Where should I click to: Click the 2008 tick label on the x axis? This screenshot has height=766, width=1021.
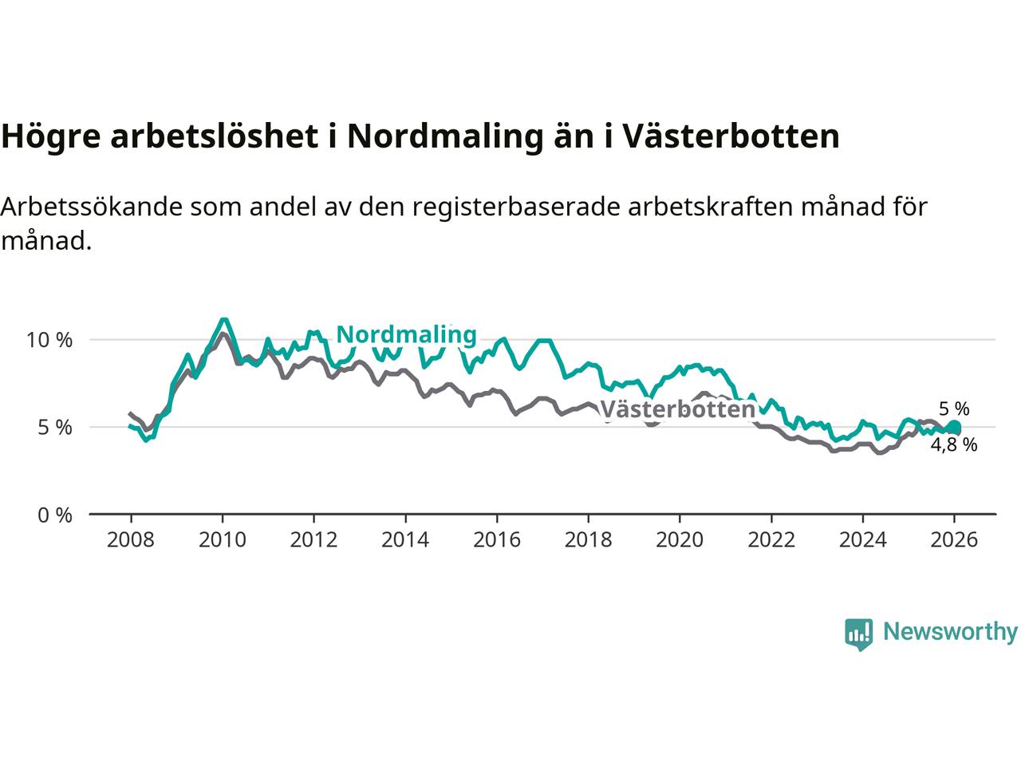pos(130,540)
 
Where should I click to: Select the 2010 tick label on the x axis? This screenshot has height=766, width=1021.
pos(222,540)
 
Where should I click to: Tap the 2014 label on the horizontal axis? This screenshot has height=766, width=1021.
pos(405,540)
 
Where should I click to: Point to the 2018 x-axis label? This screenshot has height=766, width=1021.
pos(588,540)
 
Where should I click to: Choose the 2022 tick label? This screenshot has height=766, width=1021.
pos(771,540)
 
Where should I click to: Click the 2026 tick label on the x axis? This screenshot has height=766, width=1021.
pos(954,540)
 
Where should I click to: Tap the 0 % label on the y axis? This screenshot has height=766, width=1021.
pos(54,515)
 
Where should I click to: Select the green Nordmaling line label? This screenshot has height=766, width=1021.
pos(406,334)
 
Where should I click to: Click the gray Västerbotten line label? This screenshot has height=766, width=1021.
pos(677,409)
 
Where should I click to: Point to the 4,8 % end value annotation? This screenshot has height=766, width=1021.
pos(953,445)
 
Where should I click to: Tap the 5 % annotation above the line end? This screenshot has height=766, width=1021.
pos(954,409)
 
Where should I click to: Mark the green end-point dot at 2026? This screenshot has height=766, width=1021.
pos(954,428)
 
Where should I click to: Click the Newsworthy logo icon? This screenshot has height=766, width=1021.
pos(859,634)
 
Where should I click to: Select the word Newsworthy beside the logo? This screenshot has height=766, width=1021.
pos(950,632)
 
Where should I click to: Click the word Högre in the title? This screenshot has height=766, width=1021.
pos(50,136)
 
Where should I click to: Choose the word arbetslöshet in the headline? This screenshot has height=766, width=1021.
pos(215,136)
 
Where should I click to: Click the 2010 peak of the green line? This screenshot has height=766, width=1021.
pos(224,320)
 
